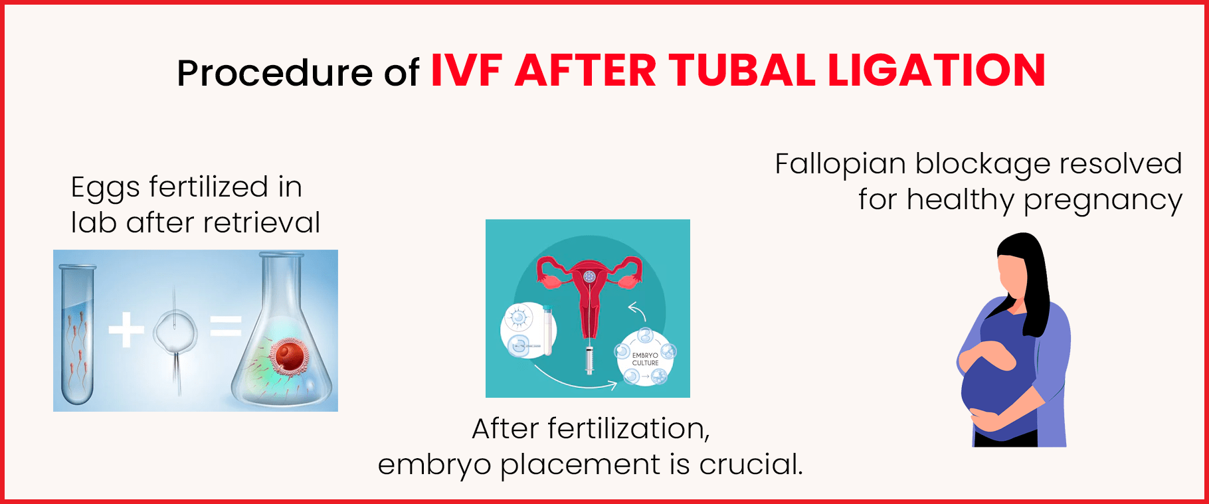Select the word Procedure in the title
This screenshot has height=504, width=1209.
[274, 73]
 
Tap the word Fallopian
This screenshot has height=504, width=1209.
[840, 165]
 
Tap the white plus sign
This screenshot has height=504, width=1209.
[126, 329]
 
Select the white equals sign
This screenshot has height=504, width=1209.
[226, 326]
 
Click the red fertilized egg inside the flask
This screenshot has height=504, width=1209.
[290, 357]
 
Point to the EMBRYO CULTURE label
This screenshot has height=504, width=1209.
[645, 359]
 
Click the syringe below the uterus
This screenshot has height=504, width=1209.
[589, 359]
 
